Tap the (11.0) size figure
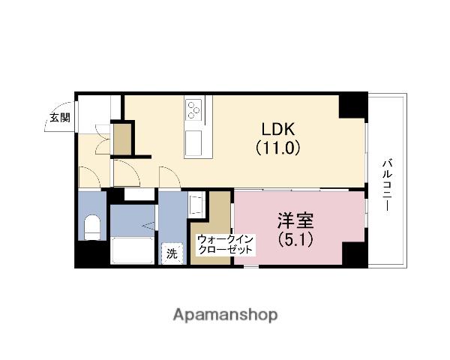point(278,147)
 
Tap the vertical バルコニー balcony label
point(388,184)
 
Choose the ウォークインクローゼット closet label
point(224,244)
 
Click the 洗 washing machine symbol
point(172,253)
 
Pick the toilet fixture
point(93,227)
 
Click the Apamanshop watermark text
point(225,314)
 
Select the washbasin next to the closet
point(196,205)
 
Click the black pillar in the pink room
point(350,254)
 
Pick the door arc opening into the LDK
point(168,177)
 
